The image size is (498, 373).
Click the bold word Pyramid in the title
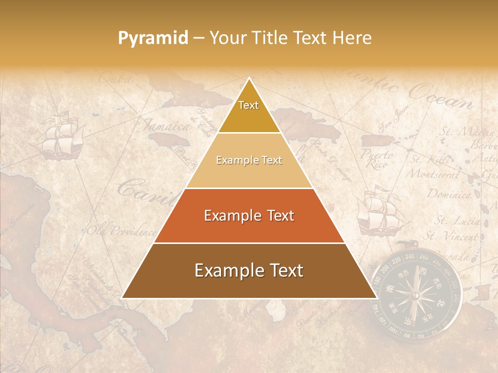(153, 38)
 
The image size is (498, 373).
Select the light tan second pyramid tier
(249, 160)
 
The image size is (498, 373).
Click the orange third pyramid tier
(249, 216)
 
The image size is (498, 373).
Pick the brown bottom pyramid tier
(249, 270)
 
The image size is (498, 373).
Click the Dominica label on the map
(449, 195)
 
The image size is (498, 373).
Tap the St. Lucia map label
(457, 221)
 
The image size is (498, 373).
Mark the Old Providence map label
(121, 230)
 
